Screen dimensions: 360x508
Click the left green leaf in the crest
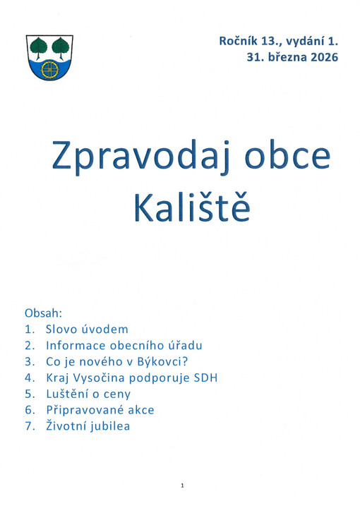coord(40,47)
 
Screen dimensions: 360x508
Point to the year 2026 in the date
coord(322,57)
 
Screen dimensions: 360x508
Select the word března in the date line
coord(284,57)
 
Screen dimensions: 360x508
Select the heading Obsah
coord(44,313)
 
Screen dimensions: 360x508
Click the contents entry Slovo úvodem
coord(86,329)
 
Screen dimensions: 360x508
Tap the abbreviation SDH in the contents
coord(205,377)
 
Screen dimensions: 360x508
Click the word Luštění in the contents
coord(68,394)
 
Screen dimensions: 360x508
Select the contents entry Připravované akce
coord(100,410)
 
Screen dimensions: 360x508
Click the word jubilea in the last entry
coord(109,426)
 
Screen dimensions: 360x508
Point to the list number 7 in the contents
coord(28,426)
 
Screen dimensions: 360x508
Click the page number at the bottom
coord(181,485)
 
